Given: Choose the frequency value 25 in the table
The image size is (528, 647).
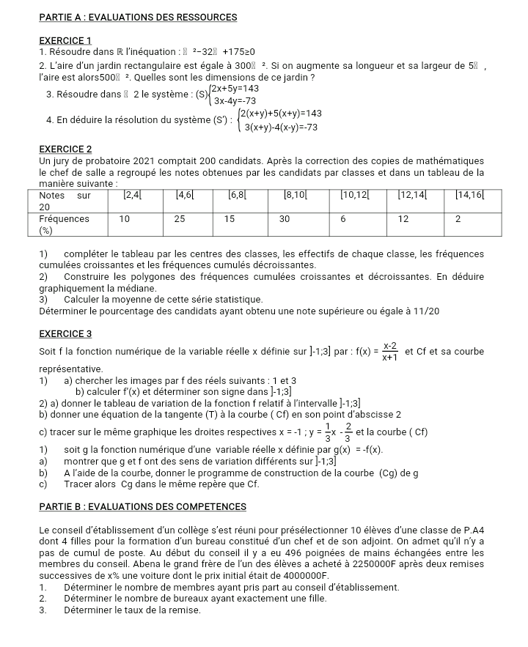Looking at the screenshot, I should tap(180, 218).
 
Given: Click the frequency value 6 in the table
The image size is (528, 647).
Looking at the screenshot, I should tap(344, 218).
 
